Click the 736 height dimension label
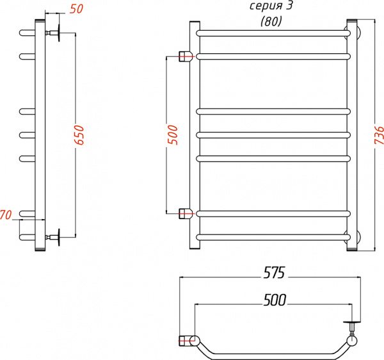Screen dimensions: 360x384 click(378, 137)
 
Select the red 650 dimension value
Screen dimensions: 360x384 click(79, 135)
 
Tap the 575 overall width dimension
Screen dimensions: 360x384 click(273, 272)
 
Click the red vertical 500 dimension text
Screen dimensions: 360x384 click(172, 136)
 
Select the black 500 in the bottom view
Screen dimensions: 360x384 click(273, 300)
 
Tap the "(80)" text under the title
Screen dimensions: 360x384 click(271, 20)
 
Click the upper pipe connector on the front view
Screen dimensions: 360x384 click(186, 56)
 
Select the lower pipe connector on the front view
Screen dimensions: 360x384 click(186, 213)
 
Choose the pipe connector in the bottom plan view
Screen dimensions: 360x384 click(186, 340)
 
